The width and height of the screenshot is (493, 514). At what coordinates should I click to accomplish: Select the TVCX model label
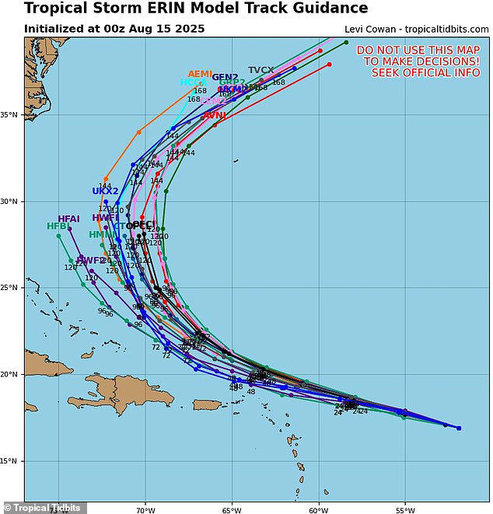coord(261,71)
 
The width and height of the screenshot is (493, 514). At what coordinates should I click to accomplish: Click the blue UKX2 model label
coord(105,191)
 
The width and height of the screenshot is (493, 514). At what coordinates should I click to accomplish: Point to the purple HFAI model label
coord(69,219)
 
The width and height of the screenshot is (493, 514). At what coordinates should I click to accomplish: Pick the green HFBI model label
coord(58,227)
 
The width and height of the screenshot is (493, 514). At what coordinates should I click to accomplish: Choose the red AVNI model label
coord(215,115)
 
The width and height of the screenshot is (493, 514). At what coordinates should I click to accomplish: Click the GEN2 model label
coord(225,77)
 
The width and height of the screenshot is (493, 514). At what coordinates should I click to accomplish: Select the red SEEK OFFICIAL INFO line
coord(421,72)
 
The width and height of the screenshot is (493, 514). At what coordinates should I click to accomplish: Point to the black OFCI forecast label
coord(139,226)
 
